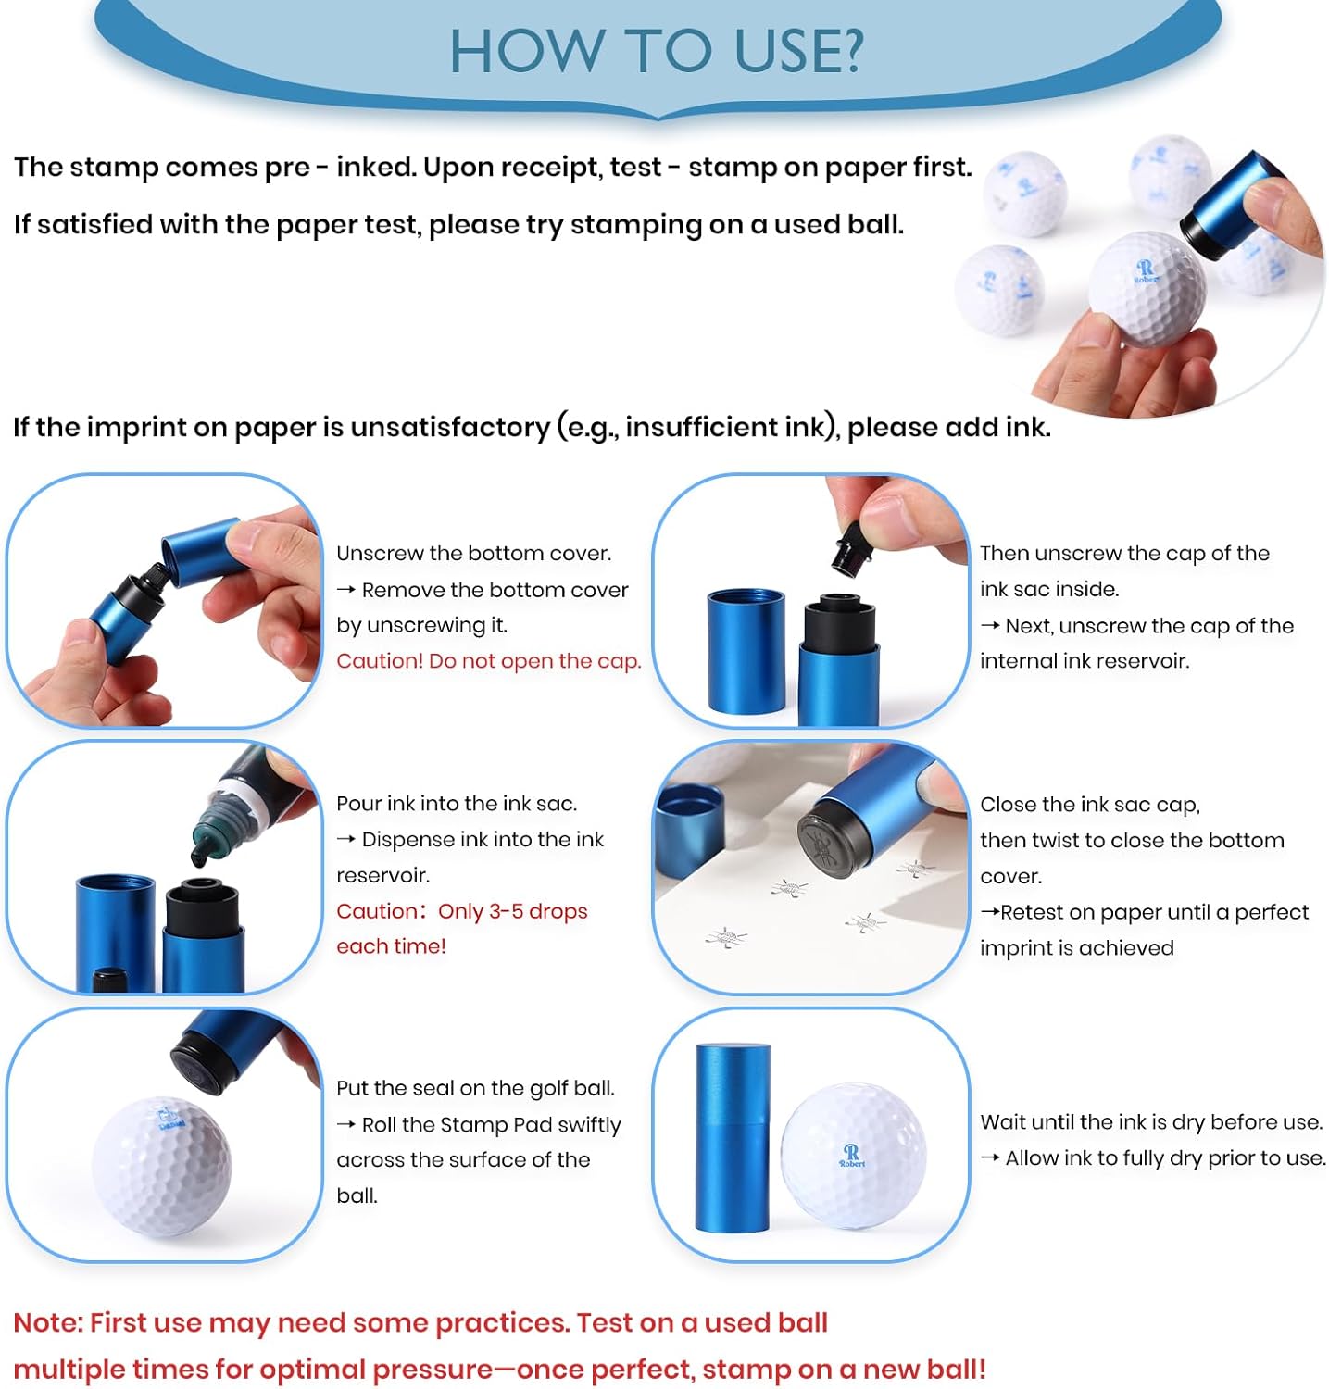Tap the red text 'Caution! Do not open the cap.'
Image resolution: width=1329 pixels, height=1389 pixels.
[488, 661]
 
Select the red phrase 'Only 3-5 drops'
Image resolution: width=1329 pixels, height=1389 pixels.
[513, 911]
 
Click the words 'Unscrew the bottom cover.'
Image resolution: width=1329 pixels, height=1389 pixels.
[473, 554]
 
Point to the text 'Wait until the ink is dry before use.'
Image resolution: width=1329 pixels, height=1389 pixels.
[1151, 1122]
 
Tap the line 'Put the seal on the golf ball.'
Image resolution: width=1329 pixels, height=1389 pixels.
[475, 1088]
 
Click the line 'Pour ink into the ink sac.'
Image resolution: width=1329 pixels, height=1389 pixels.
[457, 804]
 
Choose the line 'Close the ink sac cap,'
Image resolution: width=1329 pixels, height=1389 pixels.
[1090, 805]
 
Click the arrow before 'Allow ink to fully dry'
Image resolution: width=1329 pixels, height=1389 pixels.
[990, 1158]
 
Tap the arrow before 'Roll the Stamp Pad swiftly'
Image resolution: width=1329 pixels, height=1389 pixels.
[345, 1125]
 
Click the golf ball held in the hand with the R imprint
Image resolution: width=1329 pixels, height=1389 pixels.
[1147, 288]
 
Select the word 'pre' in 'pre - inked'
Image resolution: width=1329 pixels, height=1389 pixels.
[287, 169]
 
